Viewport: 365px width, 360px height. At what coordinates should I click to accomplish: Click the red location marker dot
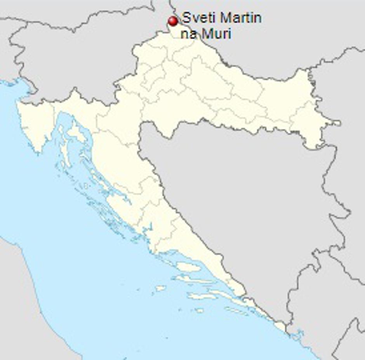coord(173,21)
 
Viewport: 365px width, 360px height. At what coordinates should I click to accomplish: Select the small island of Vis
coord(160,288)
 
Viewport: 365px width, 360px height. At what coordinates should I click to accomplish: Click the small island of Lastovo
coord(199,310)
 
